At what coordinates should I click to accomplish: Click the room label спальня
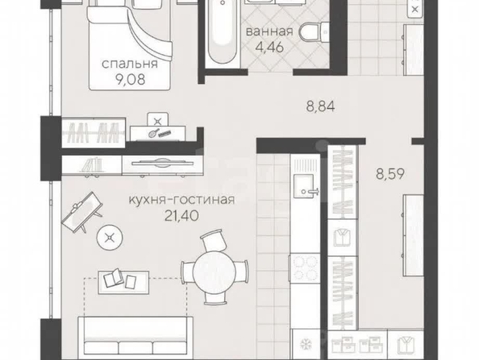130,64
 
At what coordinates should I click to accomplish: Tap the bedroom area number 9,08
130,80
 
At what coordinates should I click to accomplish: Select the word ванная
269,31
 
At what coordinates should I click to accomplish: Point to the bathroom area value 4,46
270,47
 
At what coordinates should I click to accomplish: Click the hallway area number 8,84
320,107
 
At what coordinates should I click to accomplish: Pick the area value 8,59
390,174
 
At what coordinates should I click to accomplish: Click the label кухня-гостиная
181,200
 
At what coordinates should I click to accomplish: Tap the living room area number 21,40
181,216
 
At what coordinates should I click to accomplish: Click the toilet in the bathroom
314,31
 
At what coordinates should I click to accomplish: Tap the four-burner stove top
305,268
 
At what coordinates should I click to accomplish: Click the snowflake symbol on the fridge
305,345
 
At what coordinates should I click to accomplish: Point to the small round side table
110,237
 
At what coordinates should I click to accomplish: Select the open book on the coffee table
114,278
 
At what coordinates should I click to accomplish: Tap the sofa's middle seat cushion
135,349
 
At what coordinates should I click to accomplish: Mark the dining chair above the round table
215,241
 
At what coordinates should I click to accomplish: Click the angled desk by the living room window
82,212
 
